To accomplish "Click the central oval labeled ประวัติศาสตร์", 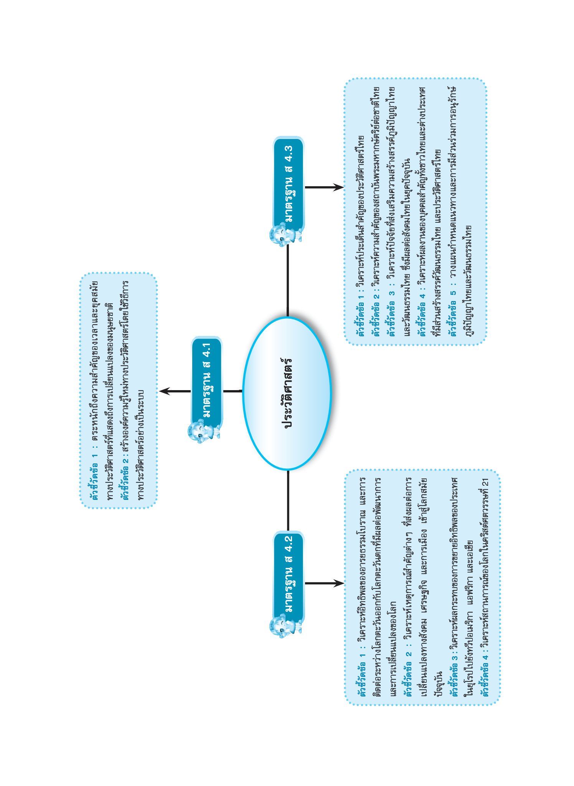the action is click(x=287, y=393).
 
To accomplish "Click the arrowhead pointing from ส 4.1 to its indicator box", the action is click(x=165, y=391).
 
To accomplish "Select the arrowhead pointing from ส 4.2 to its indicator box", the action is click(x=338, y=583).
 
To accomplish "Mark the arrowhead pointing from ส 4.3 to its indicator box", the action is click(x=338, y=187).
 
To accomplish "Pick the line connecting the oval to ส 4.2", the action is click(x=287, y=501).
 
